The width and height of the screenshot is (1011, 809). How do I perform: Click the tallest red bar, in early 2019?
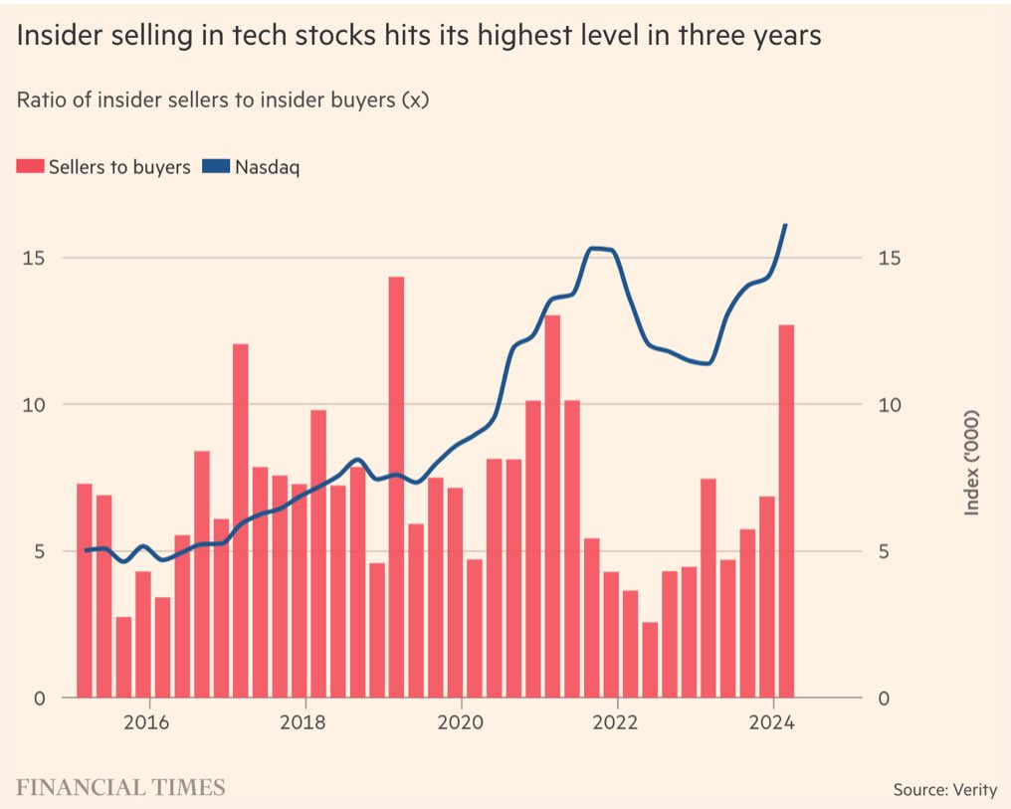pyautogui.click(x=396, y=488)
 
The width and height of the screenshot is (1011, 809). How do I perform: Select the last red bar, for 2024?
pyautogui.click(x=786, y=511)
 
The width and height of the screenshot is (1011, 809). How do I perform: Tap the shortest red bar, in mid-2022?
pyautogui.click(x=650, y=660)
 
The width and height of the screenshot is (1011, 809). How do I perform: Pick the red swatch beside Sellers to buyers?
pyautogui.click(x=30, y=167)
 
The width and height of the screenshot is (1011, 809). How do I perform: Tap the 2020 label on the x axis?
pyautogui.click(x=461, y=721)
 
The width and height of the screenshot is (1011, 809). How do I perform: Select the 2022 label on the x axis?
pyautogui.click(x=617, y=721)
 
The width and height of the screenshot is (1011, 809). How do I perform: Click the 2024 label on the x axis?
pyautogui.click(x=773, y=721)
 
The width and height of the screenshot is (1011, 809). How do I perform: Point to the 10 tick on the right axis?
pyautogui.click(x=889, y=405)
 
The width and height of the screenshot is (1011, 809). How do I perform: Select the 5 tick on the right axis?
pyautogui.click(x=884, y=551)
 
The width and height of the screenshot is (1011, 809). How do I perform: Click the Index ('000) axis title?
pyautogui.click(x=972, y=463)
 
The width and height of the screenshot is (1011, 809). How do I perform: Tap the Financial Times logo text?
pyautogui.click(x=120, y=788)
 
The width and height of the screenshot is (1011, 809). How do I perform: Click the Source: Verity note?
pyautogui.click(x=944, y=790)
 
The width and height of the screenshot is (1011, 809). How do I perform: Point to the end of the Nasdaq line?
pyautogui.click(x=786, y=225)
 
